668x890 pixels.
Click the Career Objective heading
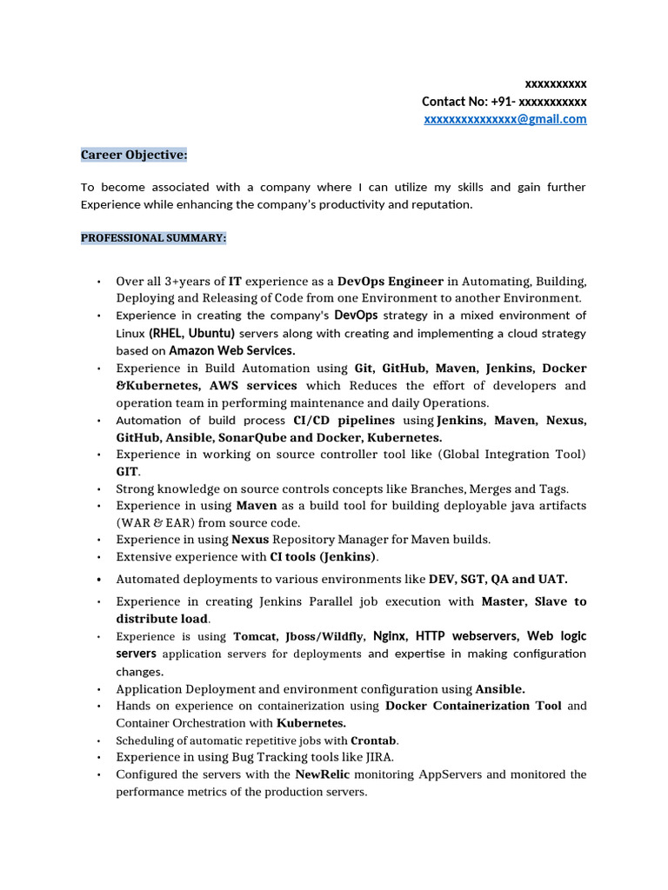134,155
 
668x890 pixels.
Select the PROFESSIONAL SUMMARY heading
154,237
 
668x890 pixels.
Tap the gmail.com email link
505,119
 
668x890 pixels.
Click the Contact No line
504,102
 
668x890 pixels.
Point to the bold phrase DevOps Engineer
391,282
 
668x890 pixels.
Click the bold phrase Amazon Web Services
231,351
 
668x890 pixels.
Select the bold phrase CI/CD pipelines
344,421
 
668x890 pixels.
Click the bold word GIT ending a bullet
127,471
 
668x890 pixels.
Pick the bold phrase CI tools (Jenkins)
324,557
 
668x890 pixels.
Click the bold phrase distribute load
162,619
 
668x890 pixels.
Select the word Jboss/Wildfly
325,636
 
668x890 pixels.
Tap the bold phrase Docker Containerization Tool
473,706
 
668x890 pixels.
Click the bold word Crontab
373,741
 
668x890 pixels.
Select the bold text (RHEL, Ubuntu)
191,334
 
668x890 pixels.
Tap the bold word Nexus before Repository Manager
250,540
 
